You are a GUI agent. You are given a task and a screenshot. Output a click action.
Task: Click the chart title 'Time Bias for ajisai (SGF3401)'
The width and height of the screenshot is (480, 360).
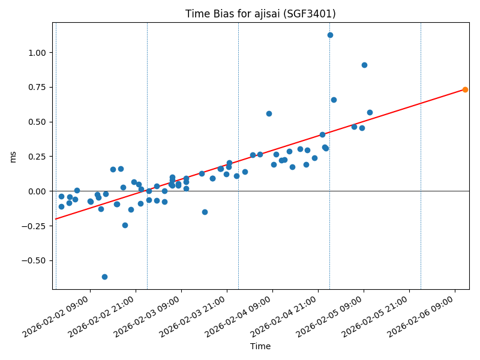click(260, 14)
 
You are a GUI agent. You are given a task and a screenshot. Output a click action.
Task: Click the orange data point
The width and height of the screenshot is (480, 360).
click(465, 89)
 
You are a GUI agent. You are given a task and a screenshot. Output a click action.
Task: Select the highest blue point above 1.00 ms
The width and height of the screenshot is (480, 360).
click(330, 35)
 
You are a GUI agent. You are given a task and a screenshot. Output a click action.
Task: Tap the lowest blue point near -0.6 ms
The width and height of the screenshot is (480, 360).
click(104, 277)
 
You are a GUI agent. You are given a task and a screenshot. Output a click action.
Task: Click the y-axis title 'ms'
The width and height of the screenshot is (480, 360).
click(13, 157)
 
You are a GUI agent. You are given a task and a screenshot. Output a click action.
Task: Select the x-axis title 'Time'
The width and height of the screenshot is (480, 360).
click(260, 346)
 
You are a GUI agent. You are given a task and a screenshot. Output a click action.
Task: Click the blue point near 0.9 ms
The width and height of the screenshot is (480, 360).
click(364, 65)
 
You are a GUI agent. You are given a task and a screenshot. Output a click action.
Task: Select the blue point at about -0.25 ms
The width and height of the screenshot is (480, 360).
click(125, 225)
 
